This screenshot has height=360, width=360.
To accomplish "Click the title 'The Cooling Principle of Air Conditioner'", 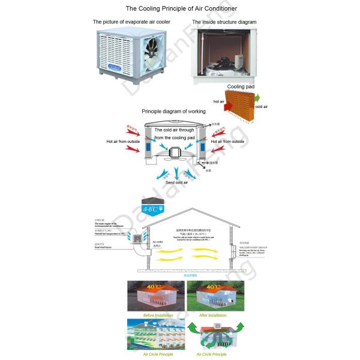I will coord(181,8).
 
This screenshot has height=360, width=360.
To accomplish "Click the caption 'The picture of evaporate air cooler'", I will coord(131,22).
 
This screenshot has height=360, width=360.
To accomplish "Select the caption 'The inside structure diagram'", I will coord(224,22).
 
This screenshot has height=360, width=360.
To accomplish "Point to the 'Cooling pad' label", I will coord(240,86).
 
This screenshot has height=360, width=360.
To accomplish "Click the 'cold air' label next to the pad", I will coord(262,107).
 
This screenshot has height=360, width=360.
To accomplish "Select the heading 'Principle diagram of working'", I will coord(173,112).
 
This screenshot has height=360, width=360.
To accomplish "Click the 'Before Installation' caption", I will coord(158,315).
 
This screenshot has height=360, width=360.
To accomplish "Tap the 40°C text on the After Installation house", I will coord(212,287).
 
